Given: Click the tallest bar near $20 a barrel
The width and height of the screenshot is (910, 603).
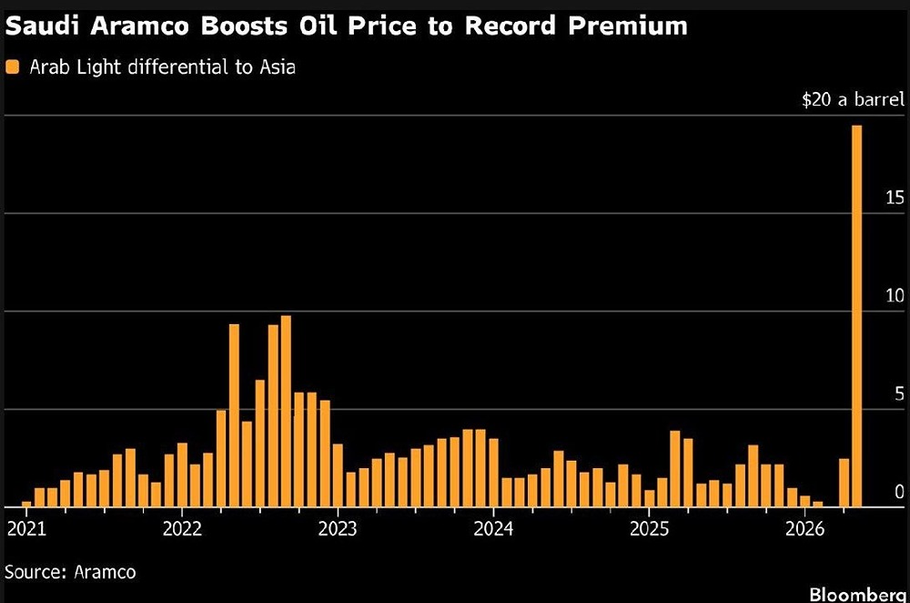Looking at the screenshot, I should (856, 315).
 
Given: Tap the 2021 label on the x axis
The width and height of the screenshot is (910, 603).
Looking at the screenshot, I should (25, 528).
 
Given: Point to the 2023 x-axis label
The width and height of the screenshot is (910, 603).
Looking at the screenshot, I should (338, 528).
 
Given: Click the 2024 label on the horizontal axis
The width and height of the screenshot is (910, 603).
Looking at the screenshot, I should (493, 528).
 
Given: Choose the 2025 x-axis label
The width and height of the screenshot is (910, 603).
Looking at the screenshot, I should (649, 528).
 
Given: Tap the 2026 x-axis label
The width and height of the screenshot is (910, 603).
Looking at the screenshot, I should (804, 528).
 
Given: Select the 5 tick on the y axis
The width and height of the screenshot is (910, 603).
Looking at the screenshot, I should (898, 393).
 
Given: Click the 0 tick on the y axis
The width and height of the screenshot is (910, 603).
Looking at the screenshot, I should (898, 492).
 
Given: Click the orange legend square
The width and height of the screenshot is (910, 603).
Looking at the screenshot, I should (12, 66).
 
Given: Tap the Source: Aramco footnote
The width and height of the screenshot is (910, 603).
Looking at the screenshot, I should (71, 572).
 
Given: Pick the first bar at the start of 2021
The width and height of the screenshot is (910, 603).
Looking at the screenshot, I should (26, 504).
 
